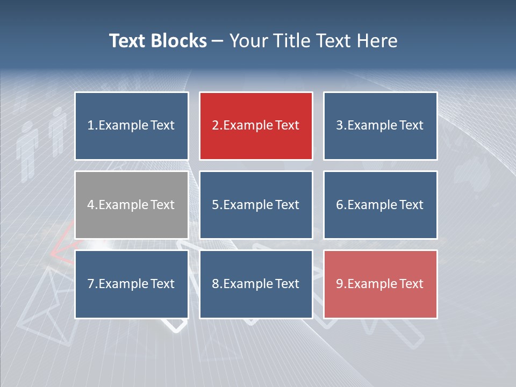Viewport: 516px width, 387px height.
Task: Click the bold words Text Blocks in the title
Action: pyautogui.click(x=157, y=41)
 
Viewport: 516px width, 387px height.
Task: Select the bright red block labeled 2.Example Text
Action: pyautogui.click(x=256, y=126)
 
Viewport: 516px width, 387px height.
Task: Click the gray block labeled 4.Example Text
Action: pyautogui.click(x=131, y=205)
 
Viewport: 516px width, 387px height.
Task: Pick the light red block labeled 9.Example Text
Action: pyautogui.click(x=380, y=284)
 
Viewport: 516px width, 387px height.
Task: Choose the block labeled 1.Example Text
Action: pyautogui.click(x=131, y=126)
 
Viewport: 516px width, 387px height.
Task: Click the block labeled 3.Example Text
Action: pyautogui.click(x=380, y=126)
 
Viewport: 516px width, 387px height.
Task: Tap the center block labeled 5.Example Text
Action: pyautogui.click(x=256, y=205)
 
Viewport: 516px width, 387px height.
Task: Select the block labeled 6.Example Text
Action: pyautogui.click(x=380, y=205)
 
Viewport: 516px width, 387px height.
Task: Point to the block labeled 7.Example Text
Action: pyautogui.click(x=131, y=284)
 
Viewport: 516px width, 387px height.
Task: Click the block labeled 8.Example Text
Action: pyautogui.click(x=256, y=284)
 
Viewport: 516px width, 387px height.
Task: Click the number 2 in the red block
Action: pyautogui.click(x=215, y=126)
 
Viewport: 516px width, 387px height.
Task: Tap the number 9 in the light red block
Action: pyautogui.click(x=340, y=284)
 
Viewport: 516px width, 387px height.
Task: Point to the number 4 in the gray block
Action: pyautogui.click(x=91, y=205)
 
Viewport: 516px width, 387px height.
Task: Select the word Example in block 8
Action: pyautogui.click(x=248, y=284)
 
